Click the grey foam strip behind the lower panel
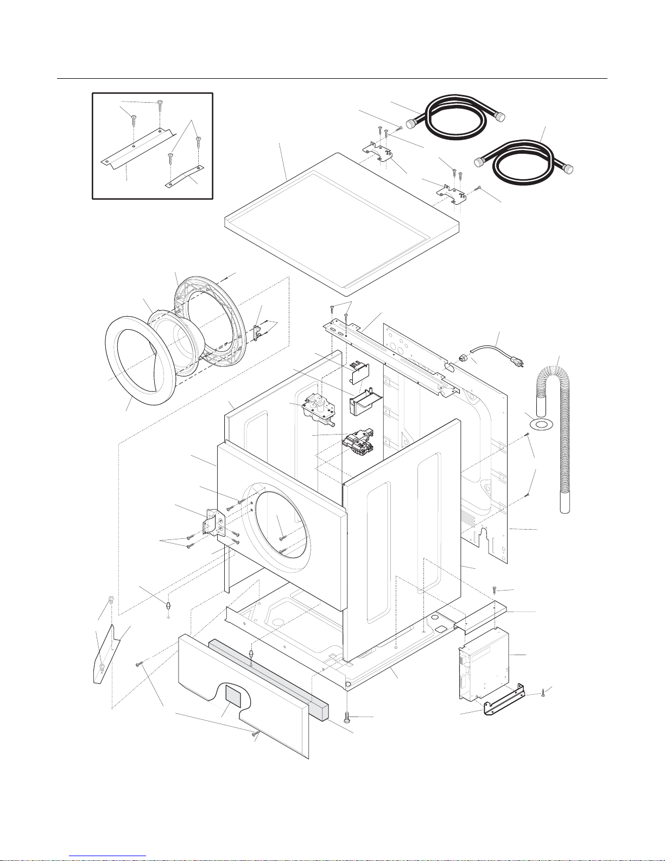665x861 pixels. click(266, 674)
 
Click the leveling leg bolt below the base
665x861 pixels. click(347, 717)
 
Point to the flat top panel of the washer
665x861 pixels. click(342, 223)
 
